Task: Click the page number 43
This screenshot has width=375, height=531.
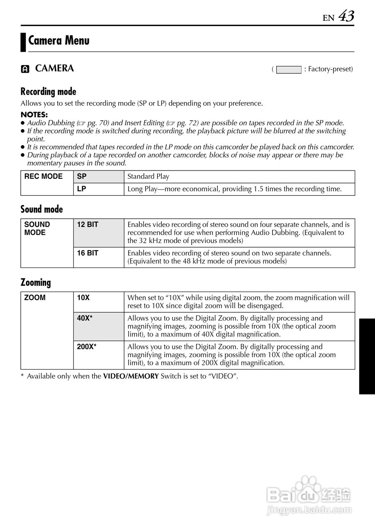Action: point(346,17)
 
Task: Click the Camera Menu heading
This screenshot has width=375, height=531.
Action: point(58,41)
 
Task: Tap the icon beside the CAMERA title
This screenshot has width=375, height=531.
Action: point(25,69)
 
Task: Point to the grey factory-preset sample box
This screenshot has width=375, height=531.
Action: point(289,69)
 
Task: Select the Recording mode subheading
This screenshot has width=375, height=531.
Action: point(49,91)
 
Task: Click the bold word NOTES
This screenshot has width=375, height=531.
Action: point(34,114)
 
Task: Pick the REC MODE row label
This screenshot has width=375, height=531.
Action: point(44,176)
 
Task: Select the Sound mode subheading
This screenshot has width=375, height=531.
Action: point(42,209)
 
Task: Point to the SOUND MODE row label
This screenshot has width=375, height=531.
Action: point(37,229)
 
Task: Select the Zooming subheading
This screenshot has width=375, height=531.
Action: point(36,283)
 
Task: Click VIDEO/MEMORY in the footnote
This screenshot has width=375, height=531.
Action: point(131,376)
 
